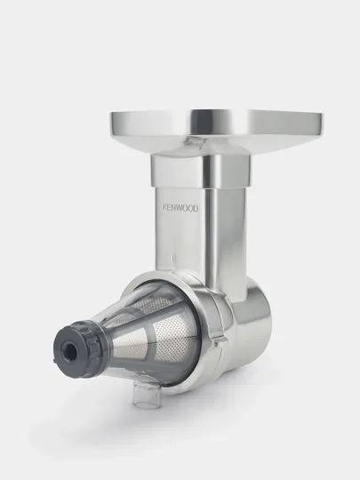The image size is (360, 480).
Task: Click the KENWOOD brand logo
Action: click(x=180, y=208)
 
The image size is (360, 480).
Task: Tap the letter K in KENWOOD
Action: click(x=164, y=208)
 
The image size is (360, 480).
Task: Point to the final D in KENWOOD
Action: click(x=196, y=209)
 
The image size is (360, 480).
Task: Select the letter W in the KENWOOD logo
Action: click(x=180, y=208)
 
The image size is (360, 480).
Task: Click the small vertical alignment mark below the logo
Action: click(x=173, y=258)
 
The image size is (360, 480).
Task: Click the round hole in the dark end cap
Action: click(x=70, y=349)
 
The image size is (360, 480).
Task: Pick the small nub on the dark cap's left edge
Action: click(x=55, y=362)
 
